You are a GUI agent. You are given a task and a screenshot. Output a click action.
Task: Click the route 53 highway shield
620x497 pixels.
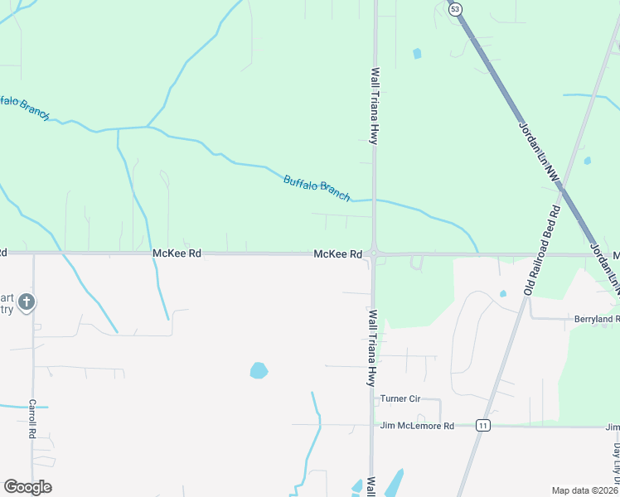point(455,9)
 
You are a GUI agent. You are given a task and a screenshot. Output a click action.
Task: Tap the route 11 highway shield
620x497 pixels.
point(484,425)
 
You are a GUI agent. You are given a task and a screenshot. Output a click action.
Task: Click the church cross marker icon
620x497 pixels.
point(26,302)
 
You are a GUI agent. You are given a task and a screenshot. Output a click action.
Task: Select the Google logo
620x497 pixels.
point(27,487)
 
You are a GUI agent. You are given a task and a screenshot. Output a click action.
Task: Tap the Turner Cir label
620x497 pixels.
point(400,398)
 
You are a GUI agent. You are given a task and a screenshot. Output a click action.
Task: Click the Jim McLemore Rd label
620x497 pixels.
point(417,426)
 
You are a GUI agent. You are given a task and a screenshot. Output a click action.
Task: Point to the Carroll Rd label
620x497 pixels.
point(33,418)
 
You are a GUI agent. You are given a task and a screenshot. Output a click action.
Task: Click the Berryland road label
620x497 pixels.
point(597,319)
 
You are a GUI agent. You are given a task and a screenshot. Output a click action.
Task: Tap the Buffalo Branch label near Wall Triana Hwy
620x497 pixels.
point(317,186)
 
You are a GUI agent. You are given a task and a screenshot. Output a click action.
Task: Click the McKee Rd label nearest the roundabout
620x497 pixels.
point(337,253)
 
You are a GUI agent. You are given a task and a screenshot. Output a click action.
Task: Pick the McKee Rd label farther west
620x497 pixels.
point(177,253)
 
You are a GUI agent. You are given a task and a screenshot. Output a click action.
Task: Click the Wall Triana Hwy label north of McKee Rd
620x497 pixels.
point(375,106)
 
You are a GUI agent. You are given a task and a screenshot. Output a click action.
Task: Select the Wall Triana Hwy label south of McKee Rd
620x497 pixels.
point(373,348)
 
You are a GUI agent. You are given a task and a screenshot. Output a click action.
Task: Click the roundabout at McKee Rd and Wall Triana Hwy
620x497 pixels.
point(375,254)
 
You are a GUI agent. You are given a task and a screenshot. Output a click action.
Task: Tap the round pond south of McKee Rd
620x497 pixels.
point(259,370)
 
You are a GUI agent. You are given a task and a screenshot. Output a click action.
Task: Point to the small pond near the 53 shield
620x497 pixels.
point(417,54)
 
